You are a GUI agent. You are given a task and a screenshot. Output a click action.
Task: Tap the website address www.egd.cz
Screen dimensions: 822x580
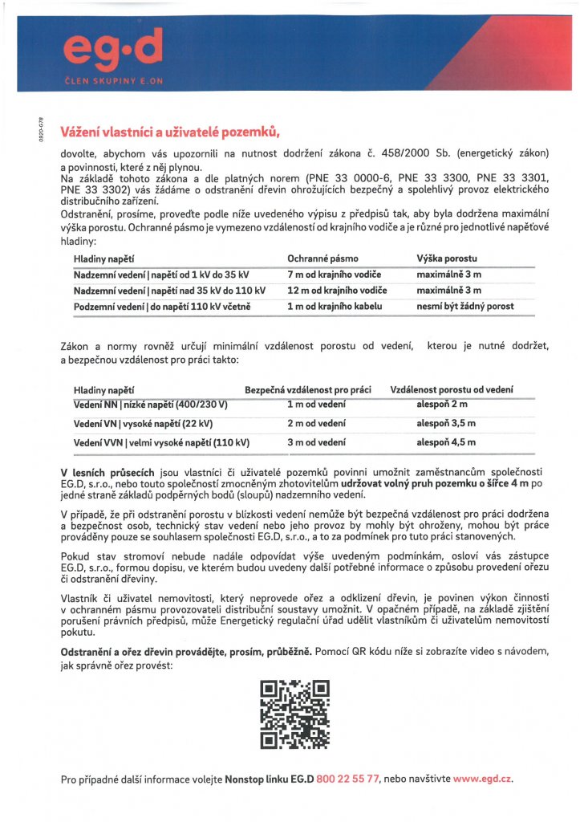click(x=482, y=779)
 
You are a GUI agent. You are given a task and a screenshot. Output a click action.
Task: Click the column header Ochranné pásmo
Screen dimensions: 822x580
click(x=322, y=258)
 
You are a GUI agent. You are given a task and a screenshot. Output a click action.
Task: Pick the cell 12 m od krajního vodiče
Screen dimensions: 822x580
click(x=337, y=290)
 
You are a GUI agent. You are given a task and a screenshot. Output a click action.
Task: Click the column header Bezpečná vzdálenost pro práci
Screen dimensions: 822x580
click(x=308, y=389)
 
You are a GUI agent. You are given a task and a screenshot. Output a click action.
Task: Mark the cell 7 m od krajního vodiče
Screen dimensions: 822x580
click(x=335, y=275)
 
